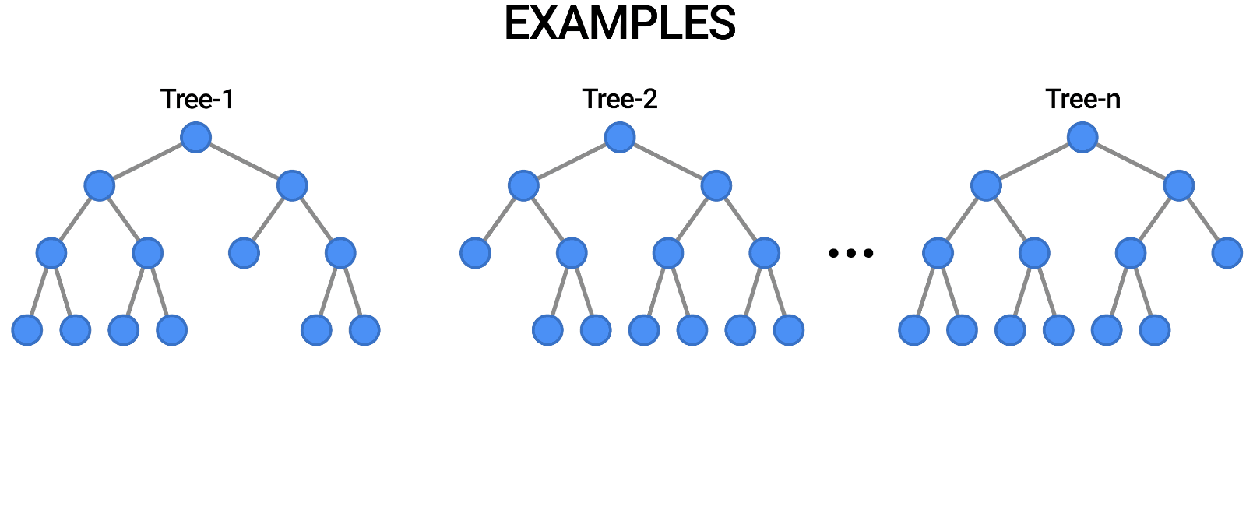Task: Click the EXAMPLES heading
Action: pyautogui.click(x=620, y=23)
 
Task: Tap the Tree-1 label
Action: pyautogui.click(x=197, y=99)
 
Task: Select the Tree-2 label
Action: pyautogui.click(x=620, y=99)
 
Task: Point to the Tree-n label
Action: pyautogui.click(x=1082, y=99)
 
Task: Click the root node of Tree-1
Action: pyautogui.click(x=195, y=138)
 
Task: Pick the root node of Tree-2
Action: pyautogui.click(x=620, y=138)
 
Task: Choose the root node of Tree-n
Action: pyautogui.click(x=1082, y=138)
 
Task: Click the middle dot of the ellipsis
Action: pyautogui.click(x=851, y=253)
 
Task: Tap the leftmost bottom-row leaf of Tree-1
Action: pyautogui.click(x=27, y=330)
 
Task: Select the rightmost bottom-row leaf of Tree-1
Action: pyautogui.click(x=364, y=330)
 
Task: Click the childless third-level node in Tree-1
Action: pyautogui.click(x=244, y=253)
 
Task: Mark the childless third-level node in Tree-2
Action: pyautogui.click(x=475, y=253)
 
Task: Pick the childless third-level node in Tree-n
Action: pyautogui.click(x=1227, y=253)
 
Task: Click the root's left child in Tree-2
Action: pyautogui.click(x=523, y=186)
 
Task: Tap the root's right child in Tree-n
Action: pyautogui.click(x=1179, y=186)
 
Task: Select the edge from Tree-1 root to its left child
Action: pyautogui.click(x=147, y=162)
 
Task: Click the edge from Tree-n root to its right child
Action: pyautogui.click(x=1131, y=162)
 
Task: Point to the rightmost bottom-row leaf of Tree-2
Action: pyautogui.click(x=789, y=330)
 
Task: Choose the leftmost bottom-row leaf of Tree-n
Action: pyautogui.click(x=913, y=330)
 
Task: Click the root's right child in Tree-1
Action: pyautogui.click(x=292, y=186)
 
